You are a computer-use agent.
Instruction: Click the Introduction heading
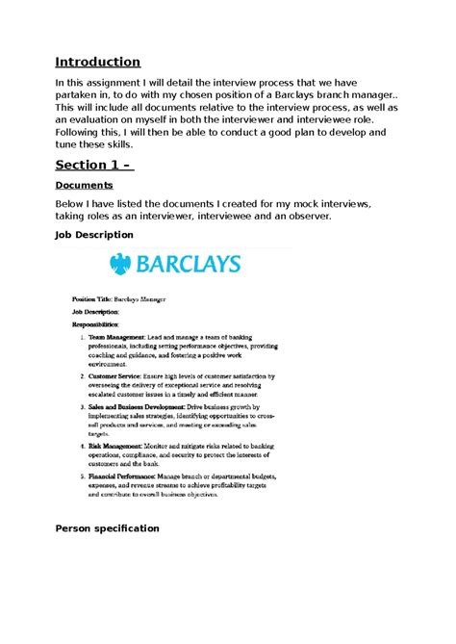(x=98, y=62)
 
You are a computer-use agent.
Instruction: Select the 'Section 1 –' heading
(x=94, y=164)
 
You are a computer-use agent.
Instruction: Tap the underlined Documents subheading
(x=84, y=184)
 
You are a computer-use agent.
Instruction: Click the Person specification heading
(x=107, y=528)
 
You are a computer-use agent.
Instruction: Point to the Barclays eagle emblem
(x=120, y=263)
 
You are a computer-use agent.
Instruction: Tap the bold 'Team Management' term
(x=114, y=338)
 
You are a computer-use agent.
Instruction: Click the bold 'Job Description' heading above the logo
(x=94, y=235)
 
